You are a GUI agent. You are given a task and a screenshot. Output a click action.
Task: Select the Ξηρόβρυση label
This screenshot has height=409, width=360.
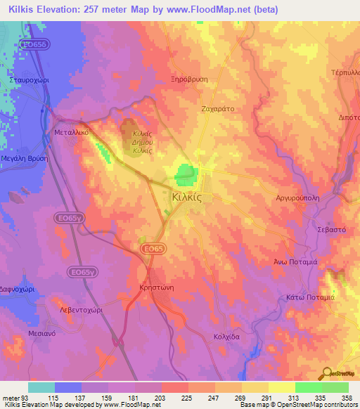[189, 79]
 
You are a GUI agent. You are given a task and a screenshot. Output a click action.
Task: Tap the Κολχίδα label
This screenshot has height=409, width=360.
[227, 337]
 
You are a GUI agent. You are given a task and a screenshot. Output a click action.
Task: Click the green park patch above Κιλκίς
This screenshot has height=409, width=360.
[186, 172]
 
